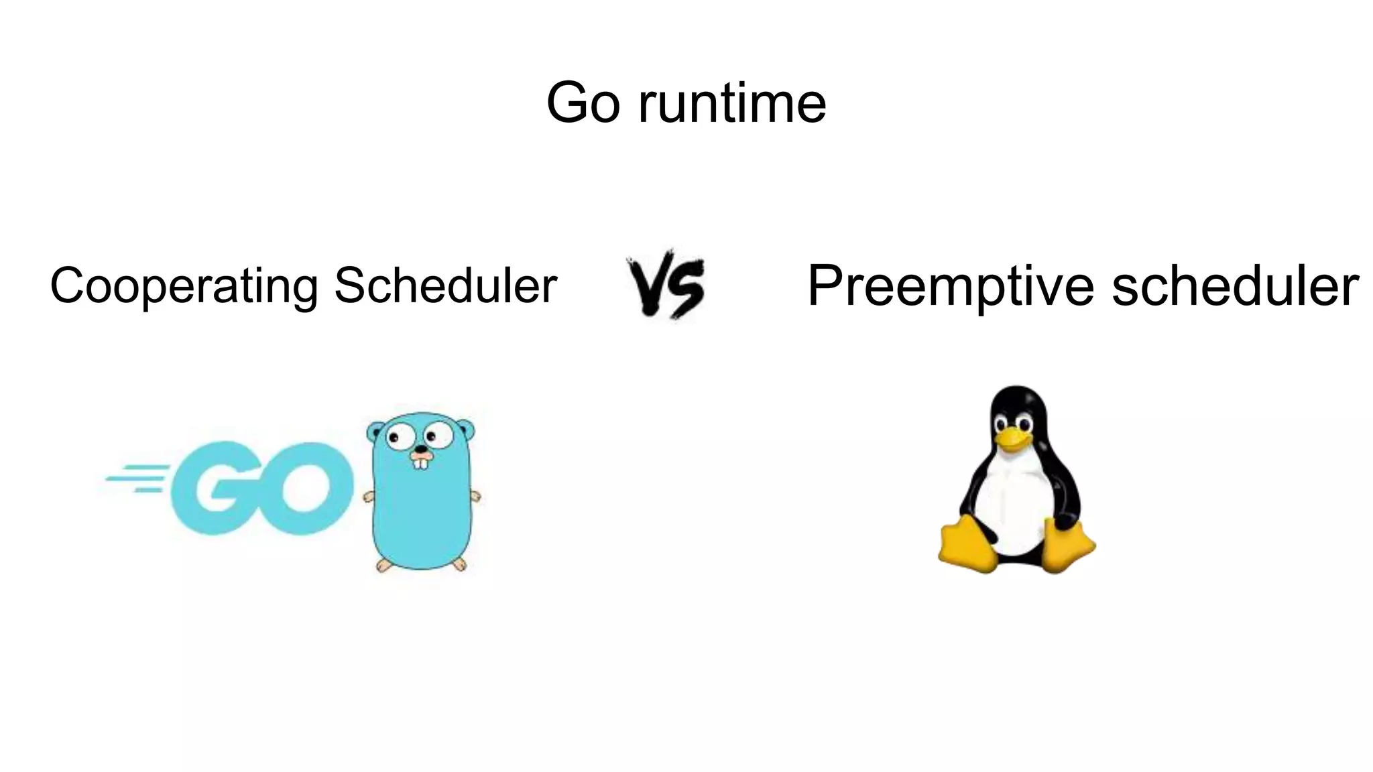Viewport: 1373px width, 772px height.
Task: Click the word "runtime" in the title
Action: [732, 104]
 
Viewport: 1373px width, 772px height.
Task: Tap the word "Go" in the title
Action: [583, 104]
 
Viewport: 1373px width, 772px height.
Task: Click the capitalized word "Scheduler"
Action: [446, 285]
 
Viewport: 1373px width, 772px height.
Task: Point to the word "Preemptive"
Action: [953, 286]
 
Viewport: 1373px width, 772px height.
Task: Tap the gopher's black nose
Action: [420, 449]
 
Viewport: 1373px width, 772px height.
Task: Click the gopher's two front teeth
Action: [420, 462]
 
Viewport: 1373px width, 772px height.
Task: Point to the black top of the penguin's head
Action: [1017, 398]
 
